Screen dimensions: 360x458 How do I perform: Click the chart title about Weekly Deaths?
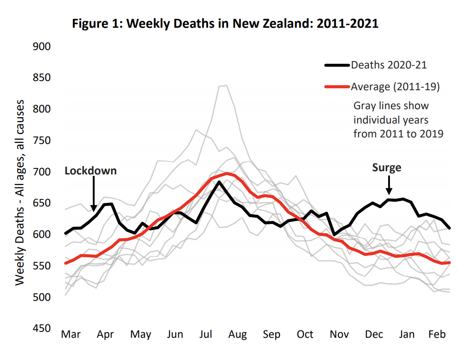225,24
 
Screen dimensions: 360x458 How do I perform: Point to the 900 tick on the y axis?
42,47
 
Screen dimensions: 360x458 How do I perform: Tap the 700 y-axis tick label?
42,172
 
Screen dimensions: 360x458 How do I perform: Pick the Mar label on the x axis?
71,335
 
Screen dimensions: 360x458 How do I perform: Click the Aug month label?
238,335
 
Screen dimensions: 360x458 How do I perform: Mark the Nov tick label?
340,335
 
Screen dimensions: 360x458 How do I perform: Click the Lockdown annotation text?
91,171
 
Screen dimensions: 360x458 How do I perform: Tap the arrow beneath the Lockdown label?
94,194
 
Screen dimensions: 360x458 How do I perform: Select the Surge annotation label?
387,168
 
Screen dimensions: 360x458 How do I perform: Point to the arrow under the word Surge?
389,186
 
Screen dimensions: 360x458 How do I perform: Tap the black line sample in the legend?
337,65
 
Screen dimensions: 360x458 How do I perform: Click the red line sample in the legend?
337,86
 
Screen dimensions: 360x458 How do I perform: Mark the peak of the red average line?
227,174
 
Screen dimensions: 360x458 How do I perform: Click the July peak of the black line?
219,181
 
